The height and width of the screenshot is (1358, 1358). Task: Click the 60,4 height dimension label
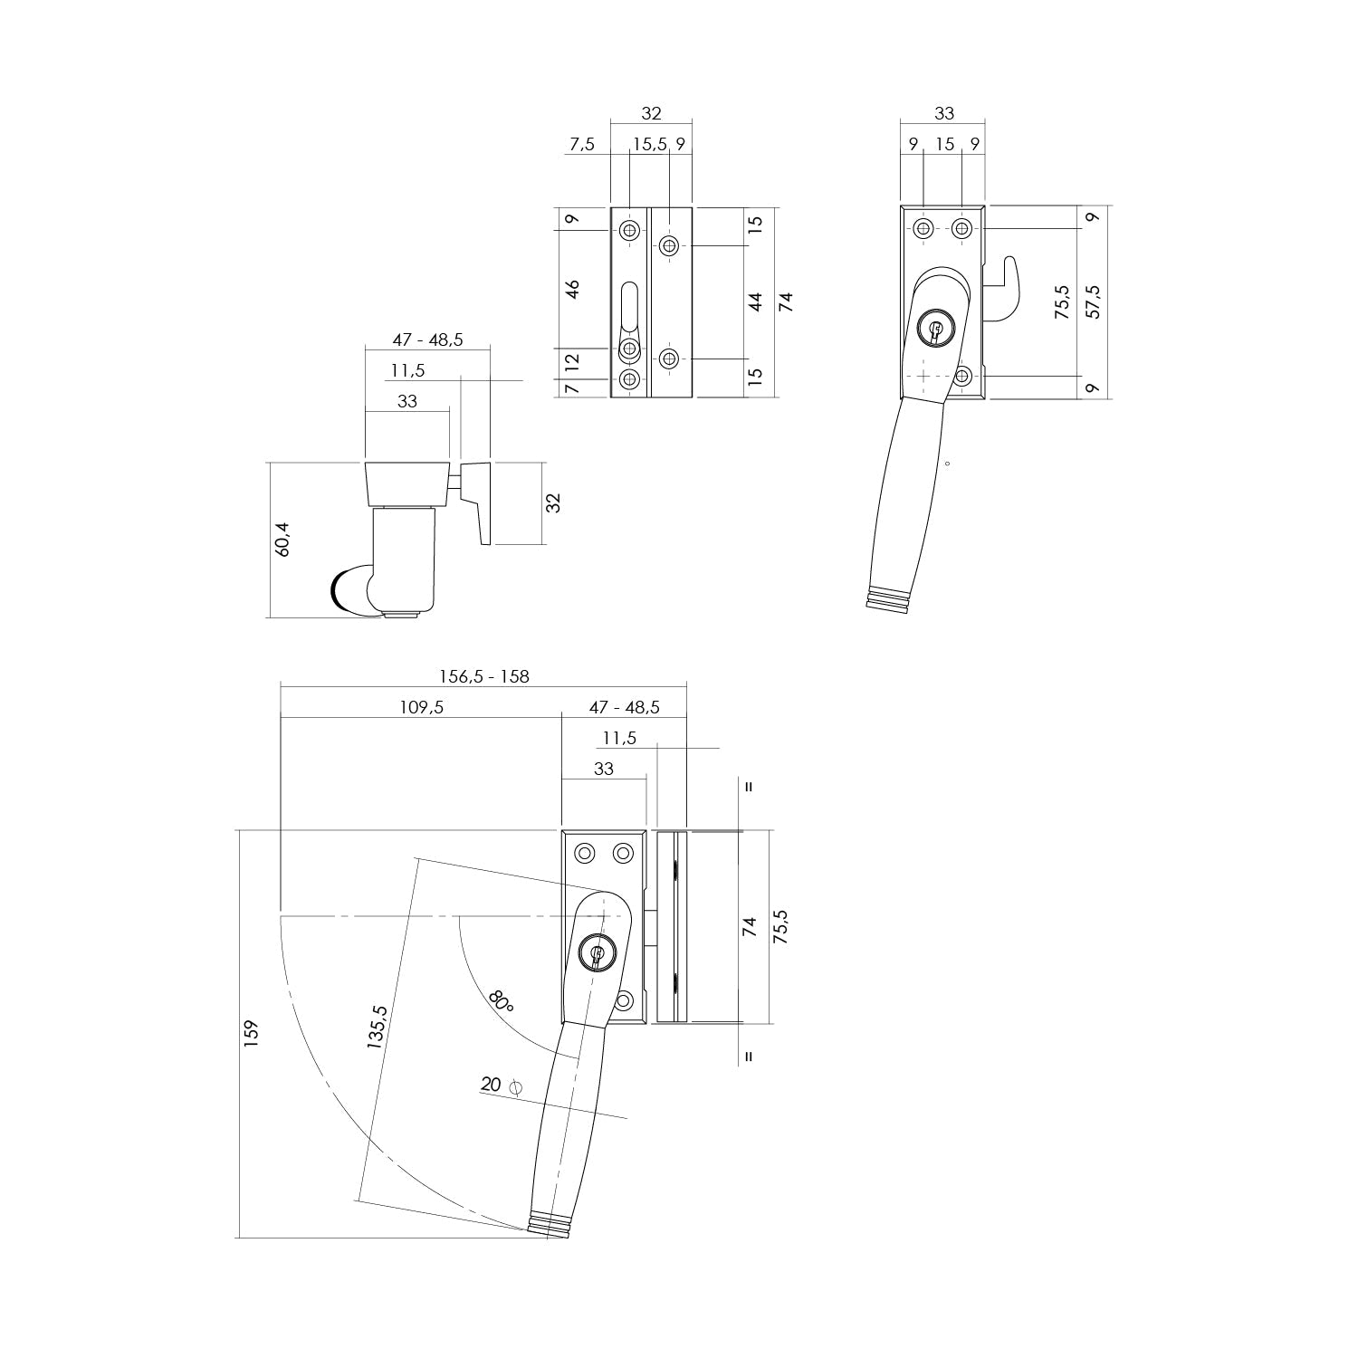tap(282, 540)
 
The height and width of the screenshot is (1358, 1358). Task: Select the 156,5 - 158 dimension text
tap(483, 676)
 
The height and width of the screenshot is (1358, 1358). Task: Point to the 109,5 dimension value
tap(421, 707)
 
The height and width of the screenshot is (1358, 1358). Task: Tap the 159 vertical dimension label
tap(251, 1034)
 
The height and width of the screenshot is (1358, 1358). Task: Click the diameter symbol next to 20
tap(517, 1086)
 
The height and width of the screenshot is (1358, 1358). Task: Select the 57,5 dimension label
tap(1093, 301)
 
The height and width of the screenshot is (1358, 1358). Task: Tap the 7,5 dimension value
tap(582, 143)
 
